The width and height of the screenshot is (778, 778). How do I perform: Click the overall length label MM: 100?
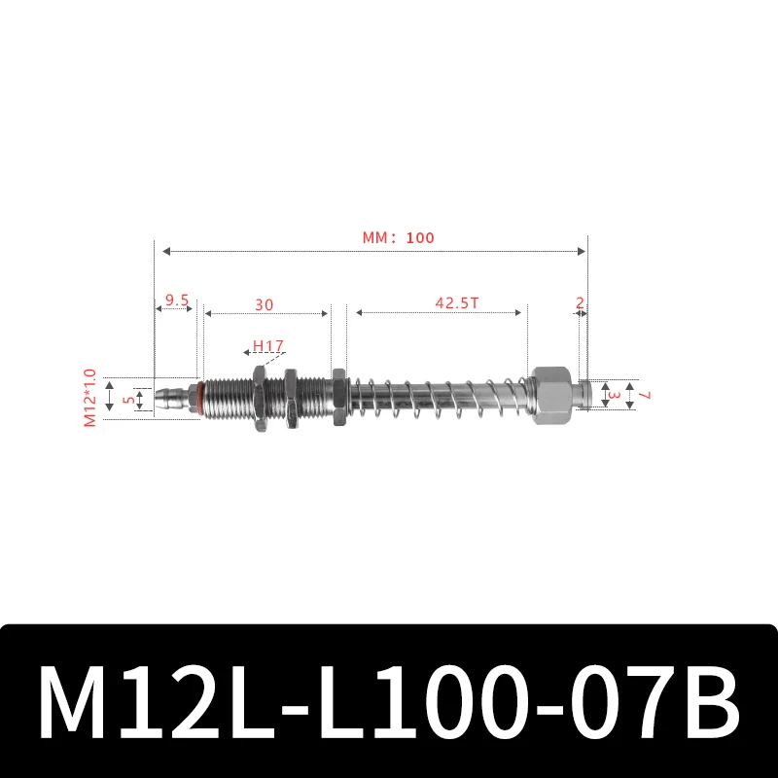coord(398,237)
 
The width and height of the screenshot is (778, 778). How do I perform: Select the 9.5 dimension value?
coord(176,301)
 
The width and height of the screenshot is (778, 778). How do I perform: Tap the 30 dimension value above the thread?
coord(264,304)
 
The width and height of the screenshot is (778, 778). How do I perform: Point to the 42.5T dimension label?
coord(456,302)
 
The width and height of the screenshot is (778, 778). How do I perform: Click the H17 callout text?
coord(266,345)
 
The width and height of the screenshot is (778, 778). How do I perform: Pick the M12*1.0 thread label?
coord(90,398)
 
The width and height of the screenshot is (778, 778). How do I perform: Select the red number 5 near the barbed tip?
coord(125,399)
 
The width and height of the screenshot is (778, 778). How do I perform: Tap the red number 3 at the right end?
coord(614,395)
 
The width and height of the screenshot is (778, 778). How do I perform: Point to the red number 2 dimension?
coord(580,302)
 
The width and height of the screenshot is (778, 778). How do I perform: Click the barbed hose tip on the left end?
coord(170,399)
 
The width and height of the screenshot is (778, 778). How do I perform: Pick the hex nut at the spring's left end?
coord(337,397)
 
